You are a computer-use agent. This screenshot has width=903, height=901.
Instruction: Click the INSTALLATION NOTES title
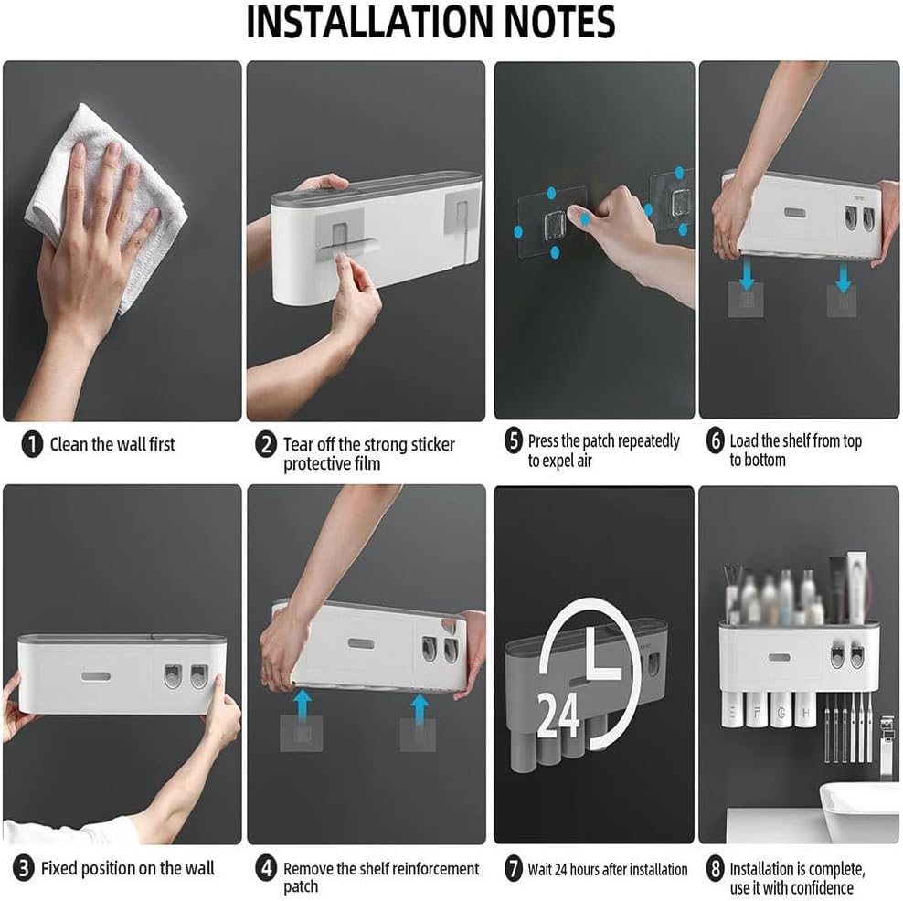(x=430, y=23)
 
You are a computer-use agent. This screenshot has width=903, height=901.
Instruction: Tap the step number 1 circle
(x=32, y=445)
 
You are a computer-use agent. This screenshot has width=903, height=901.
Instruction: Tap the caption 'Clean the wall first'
(x=112, y=445)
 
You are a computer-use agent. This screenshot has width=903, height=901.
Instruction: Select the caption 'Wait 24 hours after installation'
(x=608, y=869)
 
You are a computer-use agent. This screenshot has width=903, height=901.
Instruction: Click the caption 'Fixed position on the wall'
(x=127, y=868)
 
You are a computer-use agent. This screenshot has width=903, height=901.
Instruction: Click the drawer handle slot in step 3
(x=97, y=679)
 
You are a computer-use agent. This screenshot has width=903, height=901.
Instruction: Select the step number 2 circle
(x=265, y=445)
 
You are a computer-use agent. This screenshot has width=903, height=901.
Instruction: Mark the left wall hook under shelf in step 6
(x=746, y=298)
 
